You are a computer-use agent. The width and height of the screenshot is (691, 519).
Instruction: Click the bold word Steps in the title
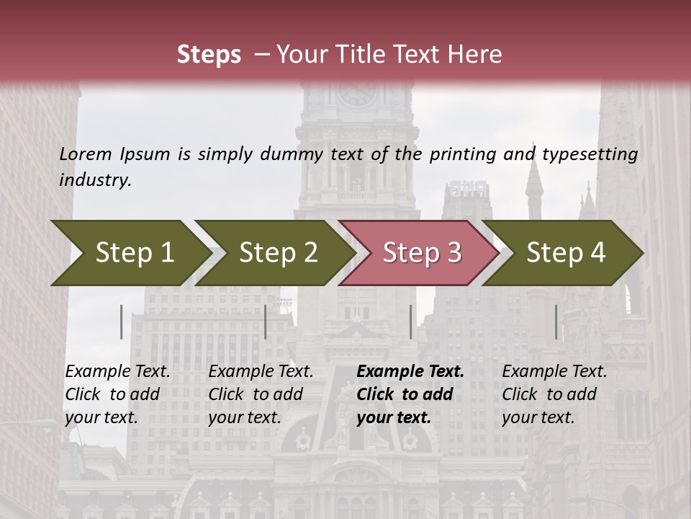(x=209, y=55)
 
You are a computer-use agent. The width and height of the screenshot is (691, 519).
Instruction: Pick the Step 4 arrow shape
(x=566, y=253)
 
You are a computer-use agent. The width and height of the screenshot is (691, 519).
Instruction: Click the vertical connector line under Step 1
(x=122, y=321)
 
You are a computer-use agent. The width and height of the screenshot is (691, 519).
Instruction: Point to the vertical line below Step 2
(x=266, y=321)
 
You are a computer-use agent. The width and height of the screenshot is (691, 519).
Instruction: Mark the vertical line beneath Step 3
(x=411, y=321)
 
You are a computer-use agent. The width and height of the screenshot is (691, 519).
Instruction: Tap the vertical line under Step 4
(x=556, y=321)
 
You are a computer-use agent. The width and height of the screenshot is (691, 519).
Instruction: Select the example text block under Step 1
(x=118, y=394)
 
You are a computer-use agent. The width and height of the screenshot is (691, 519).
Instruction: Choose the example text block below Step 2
(x=261, y=394)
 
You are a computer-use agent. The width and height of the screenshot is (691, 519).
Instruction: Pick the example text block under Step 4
(x=554, y=394)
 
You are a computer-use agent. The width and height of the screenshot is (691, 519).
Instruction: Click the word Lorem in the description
(x=86, y=154)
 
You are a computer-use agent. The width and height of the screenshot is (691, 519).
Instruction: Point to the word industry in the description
(x=95, y=180)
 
